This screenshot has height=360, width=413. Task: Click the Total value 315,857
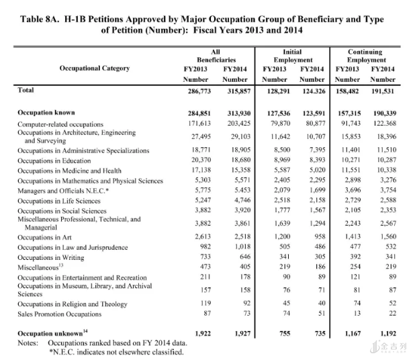(239, 91)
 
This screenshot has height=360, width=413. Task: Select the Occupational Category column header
(95, 69)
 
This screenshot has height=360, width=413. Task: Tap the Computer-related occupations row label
(60, 124)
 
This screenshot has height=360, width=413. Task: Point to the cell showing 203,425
(239, 124)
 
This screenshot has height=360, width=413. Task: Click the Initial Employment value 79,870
(281, 124)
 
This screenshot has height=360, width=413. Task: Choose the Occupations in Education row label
(54, 161)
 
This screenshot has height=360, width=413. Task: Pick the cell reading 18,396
(387, 136)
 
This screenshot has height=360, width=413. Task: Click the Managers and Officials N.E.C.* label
(63, 191)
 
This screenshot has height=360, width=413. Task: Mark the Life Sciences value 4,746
(242, 200)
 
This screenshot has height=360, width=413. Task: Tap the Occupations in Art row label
(44, 237)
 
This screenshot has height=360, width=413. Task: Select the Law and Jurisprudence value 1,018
(242, 246)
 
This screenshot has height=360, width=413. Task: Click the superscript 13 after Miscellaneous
(61, 265)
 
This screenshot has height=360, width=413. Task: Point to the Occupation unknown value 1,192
(388, 334)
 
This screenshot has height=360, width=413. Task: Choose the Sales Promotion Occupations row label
(60, 314)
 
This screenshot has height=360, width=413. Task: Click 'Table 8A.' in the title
(40, 19)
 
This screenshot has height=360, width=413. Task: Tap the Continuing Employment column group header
(366, 56)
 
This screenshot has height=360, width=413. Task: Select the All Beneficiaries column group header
(216, 56)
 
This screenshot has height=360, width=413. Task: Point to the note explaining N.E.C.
(116, 352)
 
